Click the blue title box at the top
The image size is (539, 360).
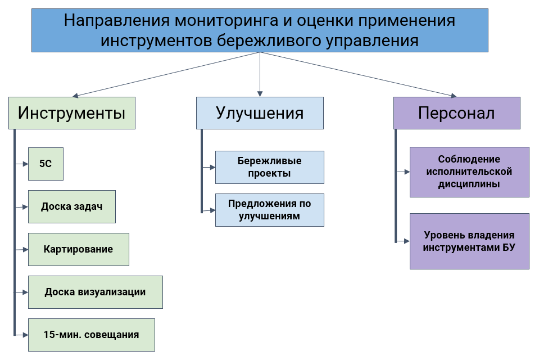tap(259, 31)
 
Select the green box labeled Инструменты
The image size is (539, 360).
tap(71, 113)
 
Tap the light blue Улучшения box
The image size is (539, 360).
tap(260, 113)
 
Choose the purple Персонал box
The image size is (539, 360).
tap(456, 113)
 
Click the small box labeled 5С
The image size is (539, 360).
tap(46, 164)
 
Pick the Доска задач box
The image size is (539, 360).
tap(71, 206)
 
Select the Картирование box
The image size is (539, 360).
tap(78, 249)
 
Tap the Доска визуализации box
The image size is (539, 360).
tap(95, 292)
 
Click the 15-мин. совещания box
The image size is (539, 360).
tap(91, 335)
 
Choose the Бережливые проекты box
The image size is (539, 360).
tap(269, 167)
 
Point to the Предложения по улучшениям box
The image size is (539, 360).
tap(269, 210)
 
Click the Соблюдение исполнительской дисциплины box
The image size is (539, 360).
tap(469, 172)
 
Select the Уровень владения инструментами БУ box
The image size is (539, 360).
tap(469, 241)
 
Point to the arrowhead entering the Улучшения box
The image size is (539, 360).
tap(259, 93)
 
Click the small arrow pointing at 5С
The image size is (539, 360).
tap(25, 164)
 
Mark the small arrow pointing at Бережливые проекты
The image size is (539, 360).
tap(212, 167)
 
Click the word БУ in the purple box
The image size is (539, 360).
tap(508, 247)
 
